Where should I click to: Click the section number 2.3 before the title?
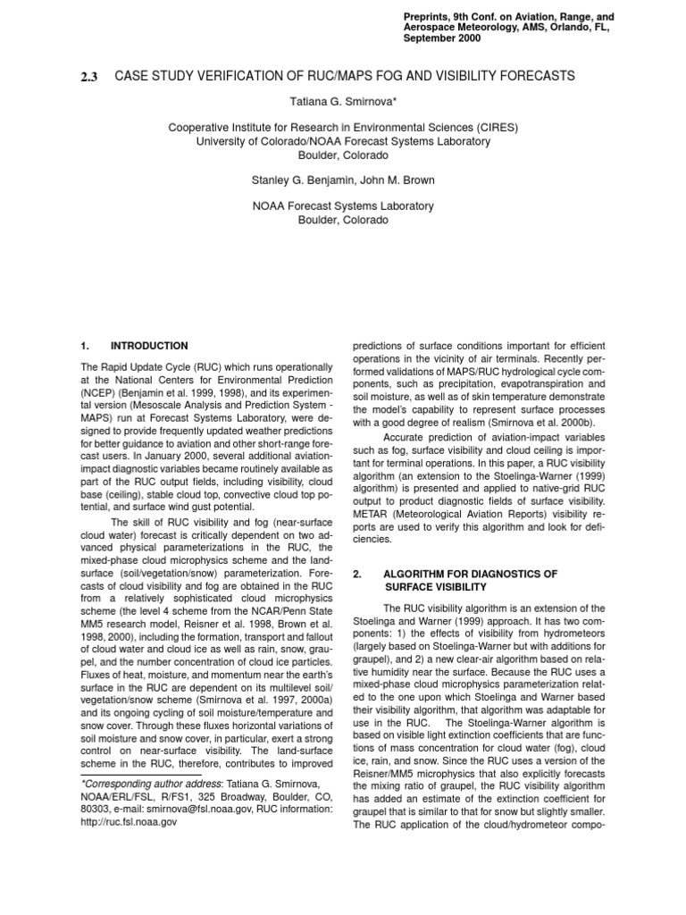tap(91, 77)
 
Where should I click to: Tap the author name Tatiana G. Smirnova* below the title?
tap(343, 103)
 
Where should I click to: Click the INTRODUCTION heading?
tap(149, 345)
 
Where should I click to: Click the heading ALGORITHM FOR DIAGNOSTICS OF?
tap(470, 573)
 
